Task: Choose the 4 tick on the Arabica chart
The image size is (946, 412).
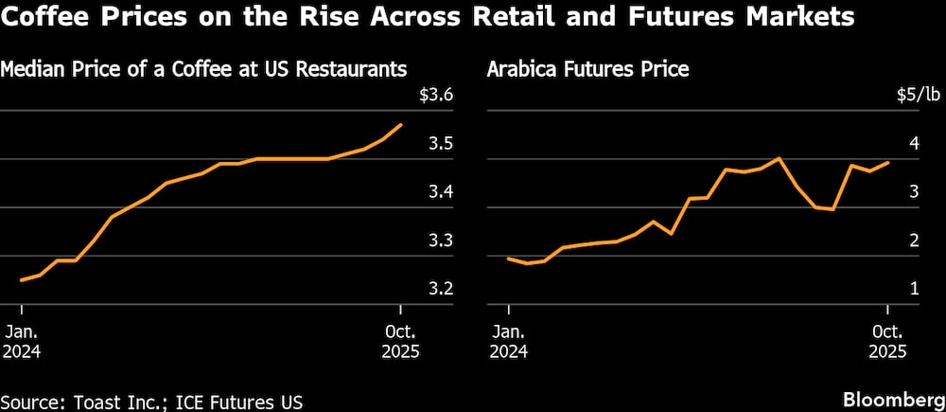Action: [x=915, y=145]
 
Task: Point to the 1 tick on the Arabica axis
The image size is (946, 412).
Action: [x=915, y=289]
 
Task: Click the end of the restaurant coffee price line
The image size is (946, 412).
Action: [x=401, y=124]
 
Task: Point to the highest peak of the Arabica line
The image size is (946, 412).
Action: [x=778, y=158]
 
